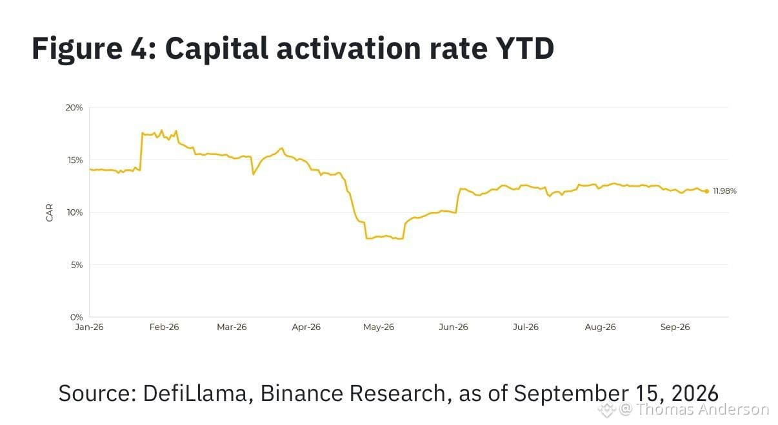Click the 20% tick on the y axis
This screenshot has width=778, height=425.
click(x=74, y=108)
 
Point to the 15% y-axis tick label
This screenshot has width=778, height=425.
click(x=75, y=160)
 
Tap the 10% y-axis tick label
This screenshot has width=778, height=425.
click(x=75, y=212)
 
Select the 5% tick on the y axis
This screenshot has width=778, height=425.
click(x=77, y=265)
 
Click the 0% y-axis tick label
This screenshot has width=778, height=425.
click(x=76, y=317)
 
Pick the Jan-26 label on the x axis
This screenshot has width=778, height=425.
click(x=89, y=327)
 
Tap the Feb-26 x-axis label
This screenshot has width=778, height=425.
click(x=165, y=327)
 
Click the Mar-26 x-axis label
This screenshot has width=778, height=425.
click(x=232, y=327)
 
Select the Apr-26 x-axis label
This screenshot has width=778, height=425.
click(x=306, y=327)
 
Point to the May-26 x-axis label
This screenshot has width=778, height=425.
click(x=379, y=327)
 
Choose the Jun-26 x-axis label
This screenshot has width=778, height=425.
click(x=454, y=327)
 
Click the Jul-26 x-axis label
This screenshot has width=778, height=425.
click(x=526, y=327)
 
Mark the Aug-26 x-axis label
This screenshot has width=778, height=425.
click(x=600, y=327)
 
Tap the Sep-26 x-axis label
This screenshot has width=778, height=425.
click(x=675, y=327)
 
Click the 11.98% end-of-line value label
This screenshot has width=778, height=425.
click(x=724, y=191)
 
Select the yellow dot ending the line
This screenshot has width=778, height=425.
click(x=706, y=191)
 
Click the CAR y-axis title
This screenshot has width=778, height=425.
click(x=50, y=212)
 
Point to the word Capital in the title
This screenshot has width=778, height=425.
click(x=216, y=48)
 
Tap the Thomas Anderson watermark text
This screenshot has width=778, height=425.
click(x=703, y=409)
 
